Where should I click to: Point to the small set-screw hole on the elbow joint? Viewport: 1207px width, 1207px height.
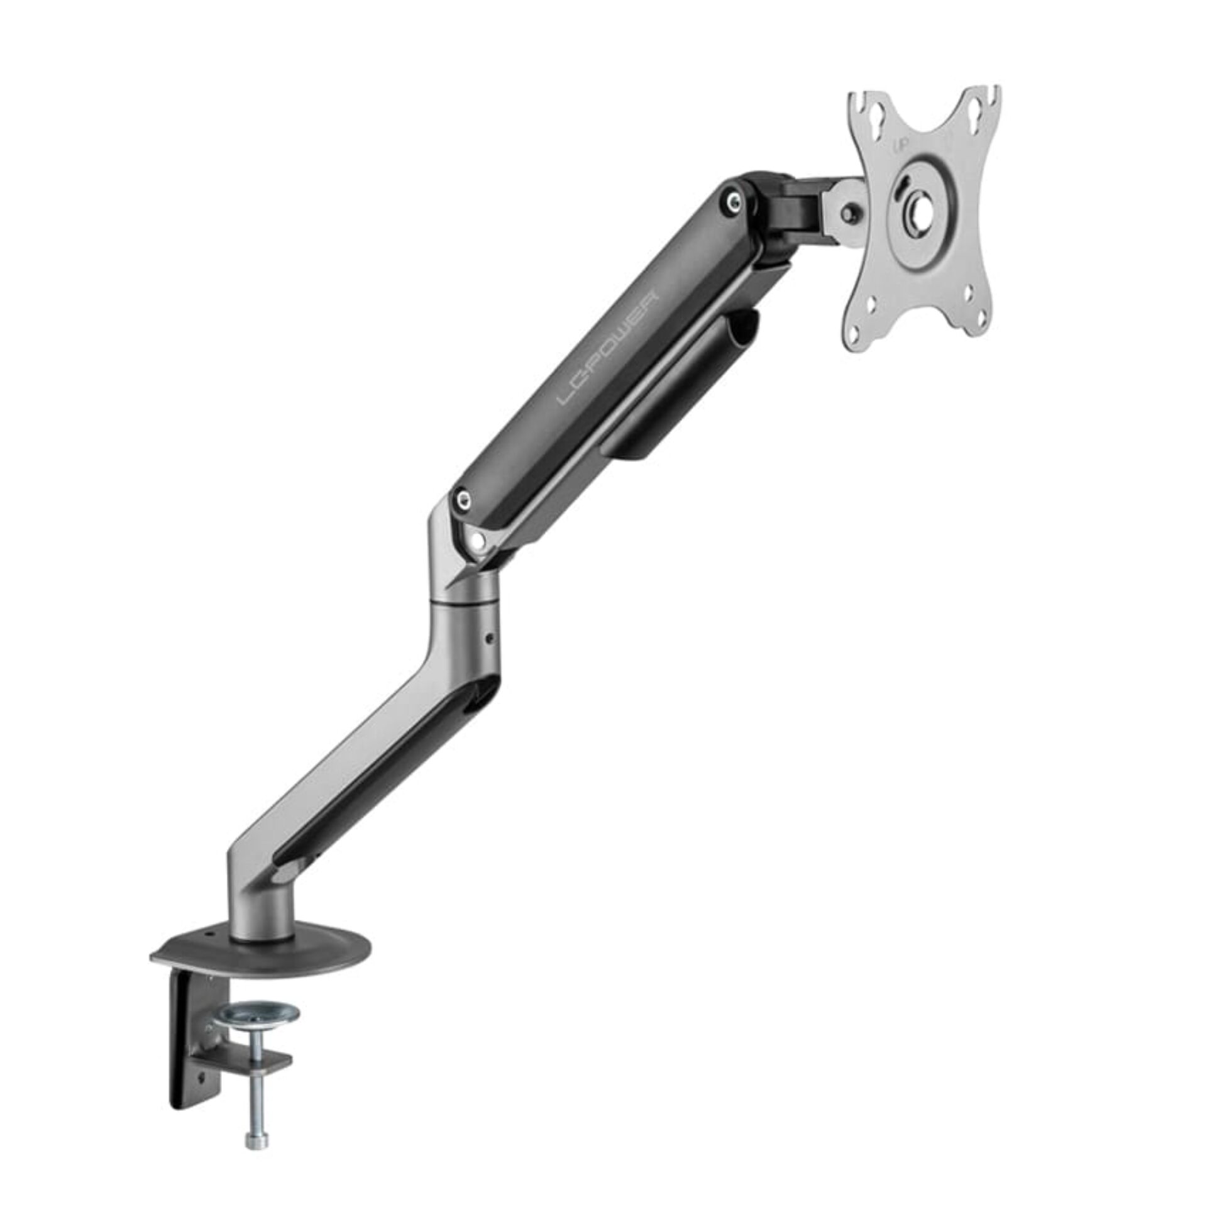pos(490,638)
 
